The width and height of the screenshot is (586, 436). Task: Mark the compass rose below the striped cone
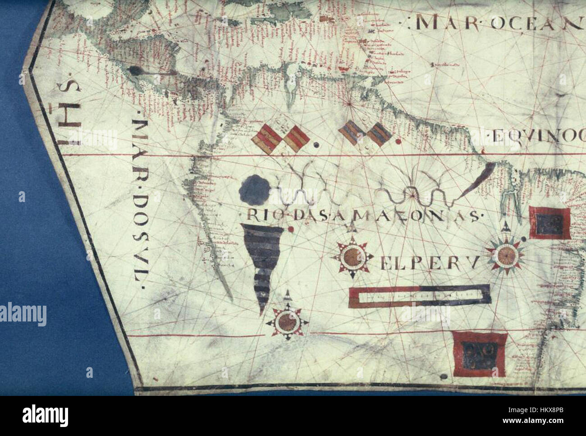287,321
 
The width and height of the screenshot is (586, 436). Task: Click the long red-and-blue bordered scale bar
419,295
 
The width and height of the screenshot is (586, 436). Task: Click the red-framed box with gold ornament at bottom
479,354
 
